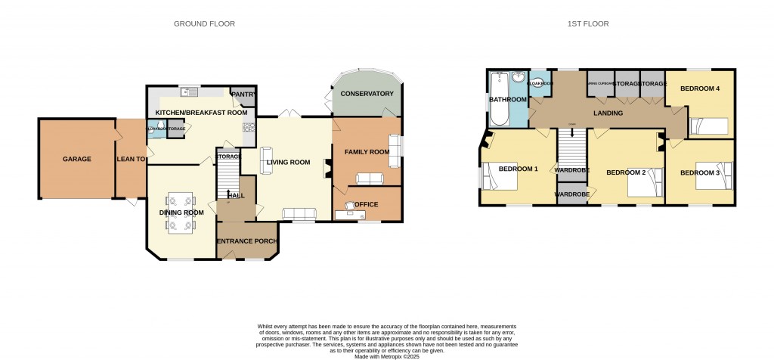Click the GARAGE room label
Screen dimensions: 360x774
click(76, 159)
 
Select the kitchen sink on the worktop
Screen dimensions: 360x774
click(188, 92)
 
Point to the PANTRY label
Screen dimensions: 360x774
click(243, 95)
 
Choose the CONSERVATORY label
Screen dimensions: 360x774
click(367, 94)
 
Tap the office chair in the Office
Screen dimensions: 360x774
click(350, 205)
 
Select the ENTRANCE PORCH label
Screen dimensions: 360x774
click(247, 241)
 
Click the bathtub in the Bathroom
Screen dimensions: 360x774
click(498, 100)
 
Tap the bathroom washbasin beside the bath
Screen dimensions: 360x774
click(519, 78)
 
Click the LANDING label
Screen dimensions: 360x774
click(608, 113)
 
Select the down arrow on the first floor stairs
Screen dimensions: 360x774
click(572, 132)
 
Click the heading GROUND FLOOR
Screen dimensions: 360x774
click(204, 24)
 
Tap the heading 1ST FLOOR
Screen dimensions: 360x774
click(588, 24)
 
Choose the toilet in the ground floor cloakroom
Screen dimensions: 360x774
click(153, 129)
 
